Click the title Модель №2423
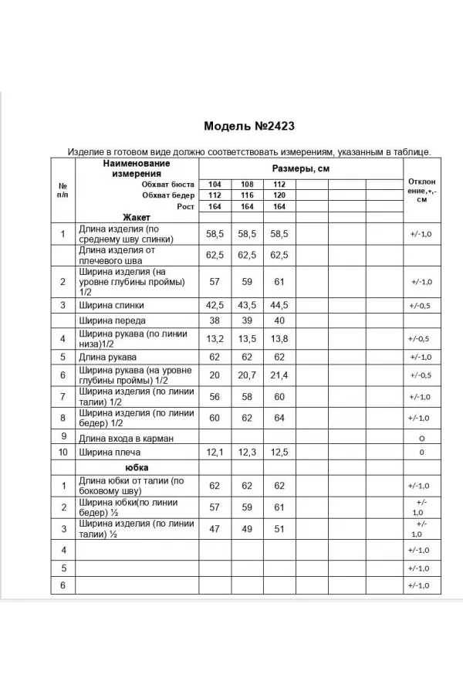pyautogui.click(x=249, y=126)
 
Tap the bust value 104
pyautogui.click(x=214, y=185)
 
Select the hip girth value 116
pyautogui.click(x=247, y=195)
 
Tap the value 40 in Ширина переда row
pyautogui.click(x=279, y=320)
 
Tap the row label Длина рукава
pyautogui.click(x=107, y=358)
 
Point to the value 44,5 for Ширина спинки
pyautogui.click(x=279, y=305)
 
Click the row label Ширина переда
pyautogui.click(x=112, y=320)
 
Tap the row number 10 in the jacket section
pyautogui.click(x=63, y=453)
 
